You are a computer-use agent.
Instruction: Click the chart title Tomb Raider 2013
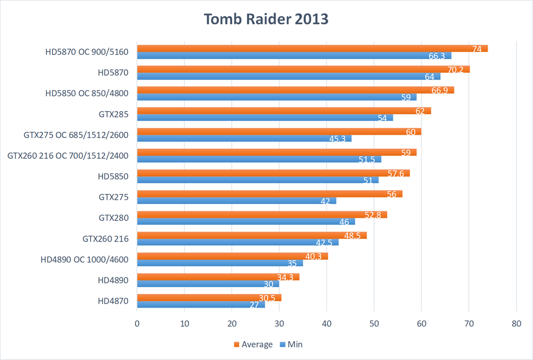[266, 19]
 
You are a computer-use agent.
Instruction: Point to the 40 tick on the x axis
[326, 323]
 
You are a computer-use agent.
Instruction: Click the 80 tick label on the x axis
[516, 323]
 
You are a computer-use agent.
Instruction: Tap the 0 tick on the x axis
[137, 323]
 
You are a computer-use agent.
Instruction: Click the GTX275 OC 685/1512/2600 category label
[76, 134]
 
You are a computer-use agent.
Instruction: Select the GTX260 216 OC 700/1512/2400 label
[68, 155]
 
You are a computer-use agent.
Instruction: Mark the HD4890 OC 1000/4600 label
[85, 259]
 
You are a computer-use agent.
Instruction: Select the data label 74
[477, 48]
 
